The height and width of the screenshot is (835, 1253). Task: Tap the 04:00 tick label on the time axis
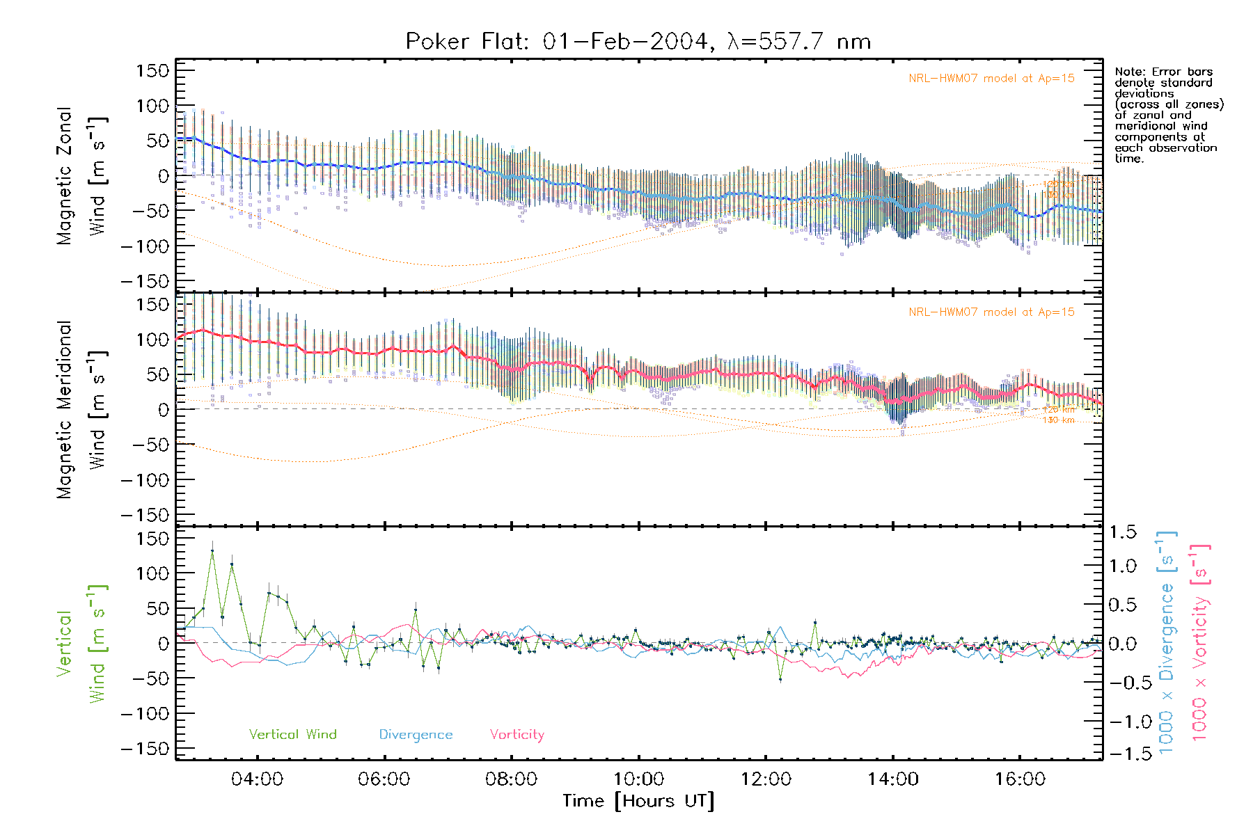click(257, 779)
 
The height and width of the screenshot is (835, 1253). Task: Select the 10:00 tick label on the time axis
click(638, 779)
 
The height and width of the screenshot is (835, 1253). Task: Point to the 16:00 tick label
click(1020, 779)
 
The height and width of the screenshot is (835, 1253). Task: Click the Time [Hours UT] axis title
click(638, 801)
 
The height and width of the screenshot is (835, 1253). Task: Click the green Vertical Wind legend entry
click(292, 734)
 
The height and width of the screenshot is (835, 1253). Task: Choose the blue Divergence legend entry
click(416, 734)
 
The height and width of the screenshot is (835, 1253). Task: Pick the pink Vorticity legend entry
click(517, 734)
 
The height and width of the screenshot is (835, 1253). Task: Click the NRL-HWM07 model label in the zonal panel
click(991, 79)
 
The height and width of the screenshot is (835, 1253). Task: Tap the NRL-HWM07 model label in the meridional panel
click(991, 312)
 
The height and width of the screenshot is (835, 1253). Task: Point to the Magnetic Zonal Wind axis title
click(81, 175)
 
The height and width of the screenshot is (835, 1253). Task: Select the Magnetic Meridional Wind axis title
click(81, 409)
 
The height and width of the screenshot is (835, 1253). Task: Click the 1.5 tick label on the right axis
click(1123, 532)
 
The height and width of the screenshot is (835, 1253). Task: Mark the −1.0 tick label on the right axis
click(1123, 722)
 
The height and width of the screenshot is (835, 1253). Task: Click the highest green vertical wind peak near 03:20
click(212, 551)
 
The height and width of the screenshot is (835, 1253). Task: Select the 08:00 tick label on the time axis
click(511, 779)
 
